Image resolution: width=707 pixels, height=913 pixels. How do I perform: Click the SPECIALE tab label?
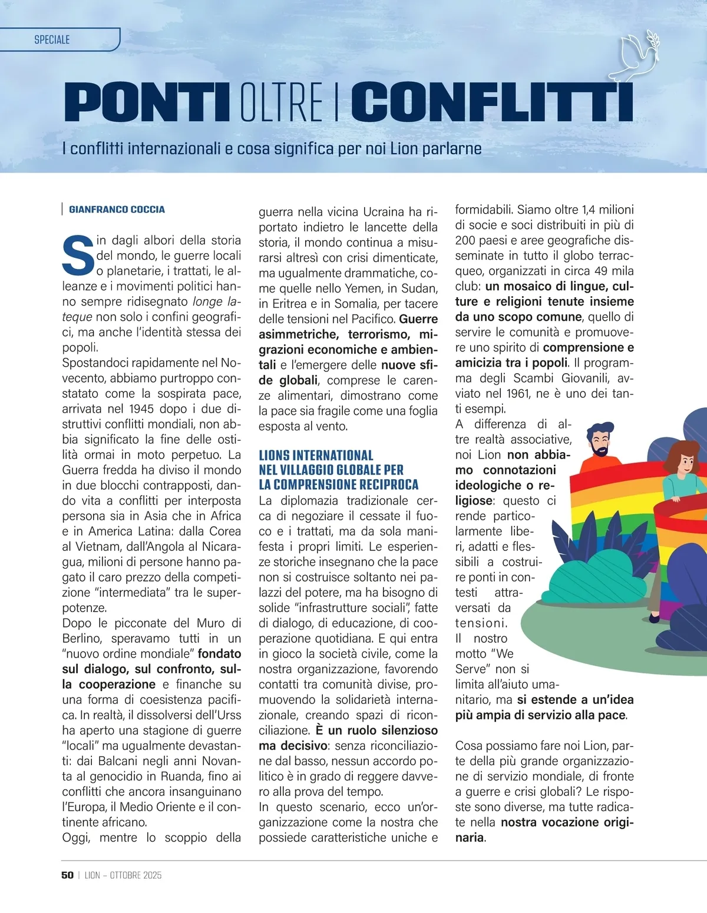tap(52, 40)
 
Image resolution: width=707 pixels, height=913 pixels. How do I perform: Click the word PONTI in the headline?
tap(146, 102)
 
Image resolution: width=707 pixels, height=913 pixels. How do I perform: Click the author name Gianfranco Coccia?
tap(117, 210)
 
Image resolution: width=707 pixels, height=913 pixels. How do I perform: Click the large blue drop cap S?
tap(78, 255)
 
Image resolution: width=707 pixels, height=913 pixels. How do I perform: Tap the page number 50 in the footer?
tap(67, 875)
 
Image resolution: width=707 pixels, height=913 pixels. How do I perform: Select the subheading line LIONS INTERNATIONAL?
tap(316, 455)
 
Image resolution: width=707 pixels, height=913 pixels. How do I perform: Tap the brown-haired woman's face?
tap(685, 462)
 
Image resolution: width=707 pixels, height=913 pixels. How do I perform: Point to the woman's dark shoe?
tap(654, 618)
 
